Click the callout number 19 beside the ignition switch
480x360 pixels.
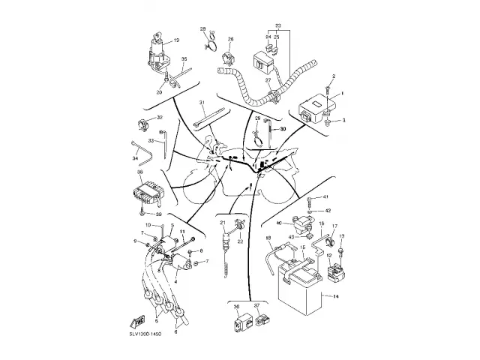tap(176, 40)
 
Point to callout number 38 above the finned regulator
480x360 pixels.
tap(140, 172)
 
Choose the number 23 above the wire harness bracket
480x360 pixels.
tap(277, 25)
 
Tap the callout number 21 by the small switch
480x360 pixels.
tap(223, 223)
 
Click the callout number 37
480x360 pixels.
tap(257, 307)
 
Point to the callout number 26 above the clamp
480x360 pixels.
tap(231, 39)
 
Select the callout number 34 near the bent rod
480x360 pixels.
tap(136, 158)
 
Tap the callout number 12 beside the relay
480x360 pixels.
tap(328, 256)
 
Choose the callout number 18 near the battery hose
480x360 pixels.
tap(268, 238)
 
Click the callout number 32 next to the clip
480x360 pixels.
tap(160, 118)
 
